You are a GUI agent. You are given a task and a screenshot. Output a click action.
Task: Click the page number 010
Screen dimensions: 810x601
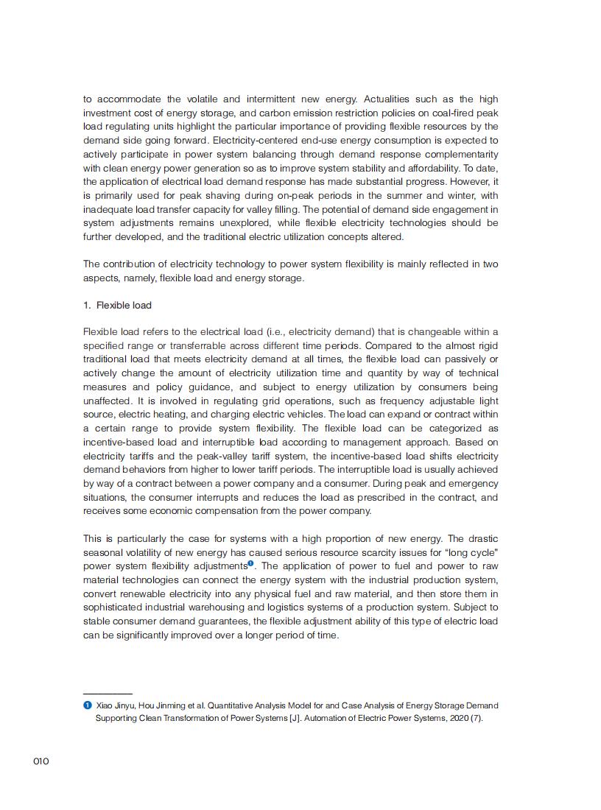pyautogui.click(x=41, y=761)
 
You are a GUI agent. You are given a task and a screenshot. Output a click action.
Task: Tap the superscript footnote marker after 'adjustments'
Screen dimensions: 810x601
pyautogui.click(x=251, y=564)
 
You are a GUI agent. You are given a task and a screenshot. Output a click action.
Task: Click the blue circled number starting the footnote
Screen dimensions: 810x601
pyautogui.click(x=87, y=705)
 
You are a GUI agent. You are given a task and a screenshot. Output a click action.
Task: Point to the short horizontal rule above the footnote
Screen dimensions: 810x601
pyautogui.click(x=108, y=694)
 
